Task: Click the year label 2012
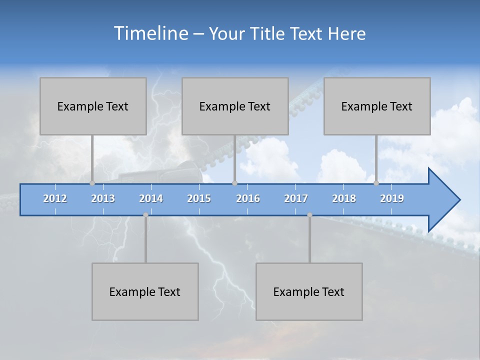click(55, 198)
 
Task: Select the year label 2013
click(103, 198)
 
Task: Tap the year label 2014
click(151, 198)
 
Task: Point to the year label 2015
click(199, 198)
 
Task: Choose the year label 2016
click(248, 198)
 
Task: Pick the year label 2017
click(296, 198)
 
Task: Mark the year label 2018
click(344, 198)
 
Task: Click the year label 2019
click(392, 198)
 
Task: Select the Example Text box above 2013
click(93, 106)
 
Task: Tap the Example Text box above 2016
click(235, 106)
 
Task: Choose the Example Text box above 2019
click(377, 106)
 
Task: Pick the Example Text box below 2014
click(145, 291)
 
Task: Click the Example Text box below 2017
click(309, 291)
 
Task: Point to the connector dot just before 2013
click(92, 183)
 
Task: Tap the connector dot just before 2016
click(234, 183)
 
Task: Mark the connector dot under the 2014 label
click(145, 215)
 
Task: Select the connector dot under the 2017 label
click(309, 215)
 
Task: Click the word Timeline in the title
click(150, 33)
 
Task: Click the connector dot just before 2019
click(376, 183)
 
